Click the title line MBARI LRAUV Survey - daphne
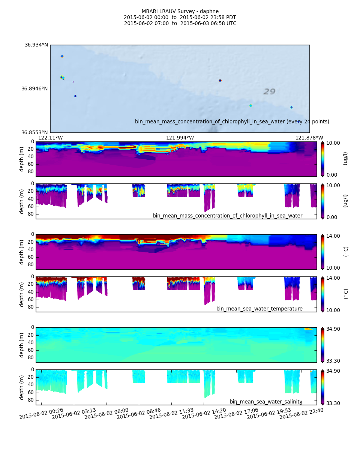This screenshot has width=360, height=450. click(x=180, y=12)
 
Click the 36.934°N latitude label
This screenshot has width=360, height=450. click(x=36, y=45)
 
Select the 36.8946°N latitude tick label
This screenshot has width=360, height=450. click(x=34, y=89)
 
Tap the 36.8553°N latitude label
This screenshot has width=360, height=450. click(x=34, y=133)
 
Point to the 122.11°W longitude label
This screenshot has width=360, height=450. click(x=51, y=138)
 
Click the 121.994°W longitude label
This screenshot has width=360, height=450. click(x=180, y=138)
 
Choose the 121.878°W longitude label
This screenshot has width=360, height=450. click(x=309, y=138)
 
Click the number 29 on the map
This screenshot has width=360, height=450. click(x=269, y=92)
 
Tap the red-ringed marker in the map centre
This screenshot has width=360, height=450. click(x=220, y=81)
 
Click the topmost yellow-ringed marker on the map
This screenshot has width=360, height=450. click(x=62, y=56)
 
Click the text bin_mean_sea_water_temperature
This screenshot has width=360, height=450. click(x=259, y=309)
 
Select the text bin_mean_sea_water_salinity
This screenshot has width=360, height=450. click(x=266, y=402)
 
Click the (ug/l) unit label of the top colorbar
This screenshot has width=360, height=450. click(x=345, y=158)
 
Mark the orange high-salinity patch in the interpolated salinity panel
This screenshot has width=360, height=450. click(x=308, y=329)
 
